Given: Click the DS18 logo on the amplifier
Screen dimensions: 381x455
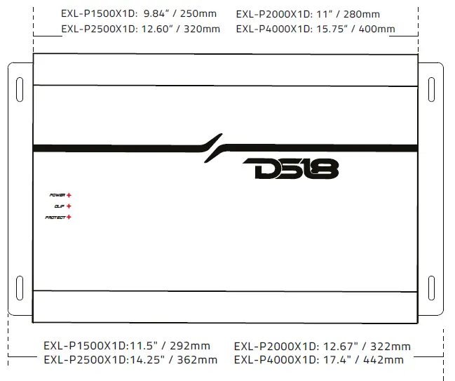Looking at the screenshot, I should click(290, 169).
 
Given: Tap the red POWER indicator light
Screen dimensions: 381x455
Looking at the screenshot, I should click(69, 194).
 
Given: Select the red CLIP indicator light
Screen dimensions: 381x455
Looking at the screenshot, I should click(69, 206).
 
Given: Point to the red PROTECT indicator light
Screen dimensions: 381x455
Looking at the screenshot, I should click(69, 218).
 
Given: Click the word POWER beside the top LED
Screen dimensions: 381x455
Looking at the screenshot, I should click(57, 194).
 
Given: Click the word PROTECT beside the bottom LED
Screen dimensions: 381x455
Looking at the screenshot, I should click(55, 218).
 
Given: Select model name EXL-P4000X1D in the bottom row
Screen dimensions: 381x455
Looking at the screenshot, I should click(275, 360).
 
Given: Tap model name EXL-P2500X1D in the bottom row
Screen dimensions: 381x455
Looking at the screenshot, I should click(84, 360).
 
